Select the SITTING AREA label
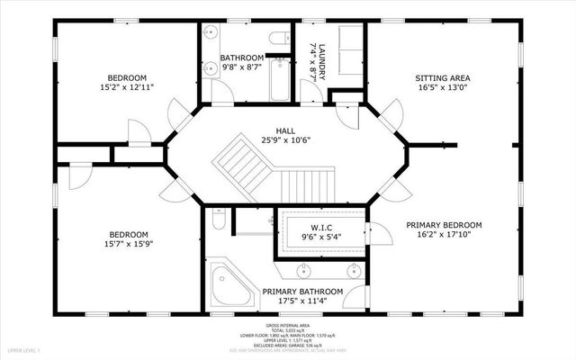click(x=443, y=77)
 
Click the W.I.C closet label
click(x=321, y=227)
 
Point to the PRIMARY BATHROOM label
click(x=302, y=292)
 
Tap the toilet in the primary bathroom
click(x=217, y=220)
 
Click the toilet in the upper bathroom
click(x=279, y=36)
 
